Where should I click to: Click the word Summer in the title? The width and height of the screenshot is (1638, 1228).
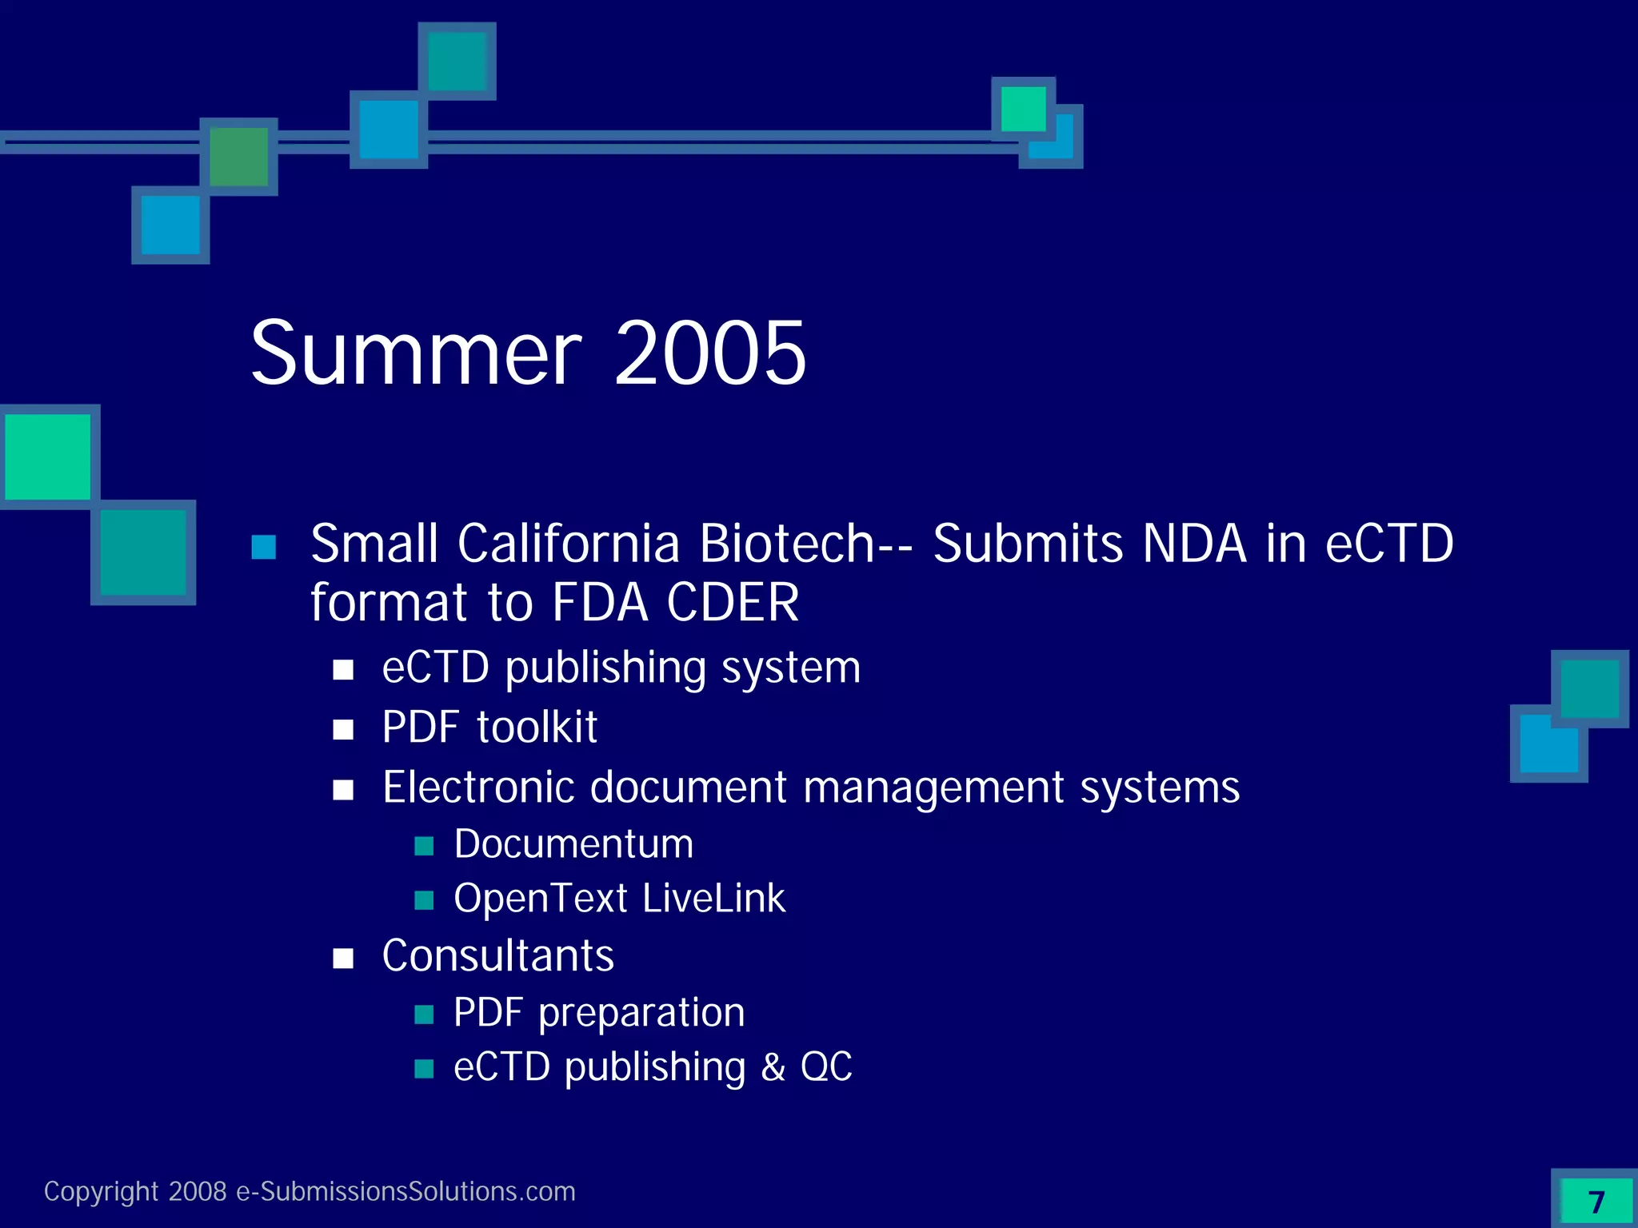pyautogui.click(x=415, y=353)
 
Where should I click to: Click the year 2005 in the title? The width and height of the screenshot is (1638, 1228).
pyautogui.click(x=710, y=353)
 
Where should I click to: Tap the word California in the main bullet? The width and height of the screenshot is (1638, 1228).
pyautogui.click(x=568, y=544)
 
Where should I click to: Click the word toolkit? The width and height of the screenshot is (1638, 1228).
pyautogui.click(x=537, y=728)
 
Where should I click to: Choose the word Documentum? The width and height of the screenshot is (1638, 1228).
pyautogui.click(x=573, y=844)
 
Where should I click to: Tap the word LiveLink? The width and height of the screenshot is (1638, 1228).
pyautogui.click(x=713, y=899)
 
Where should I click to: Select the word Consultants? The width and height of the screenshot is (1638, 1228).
pyautogui.click(x=497, y=955)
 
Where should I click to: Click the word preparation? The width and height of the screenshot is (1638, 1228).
pyautogui.click(x=641, y=1013)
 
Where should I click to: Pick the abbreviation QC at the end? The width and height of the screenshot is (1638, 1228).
pyautogui.click(x=826, y=1067)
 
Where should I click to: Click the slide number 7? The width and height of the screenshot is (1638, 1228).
pyautogui.click(x=1596, y=1202)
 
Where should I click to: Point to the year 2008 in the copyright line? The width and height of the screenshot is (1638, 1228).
pyautogui.click(x=198, y=1191)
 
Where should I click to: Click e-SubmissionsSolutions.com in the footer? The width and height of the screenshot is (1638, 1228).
pyautogui.click(x=406, y=1191)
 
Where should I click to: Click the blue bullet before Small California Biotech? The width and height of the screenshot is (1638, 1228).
pyautogui.click(x=264, y=548)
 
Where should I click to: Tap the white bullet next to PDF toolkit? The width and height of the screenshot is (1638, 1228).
pyautogui.click(x=343, y=729)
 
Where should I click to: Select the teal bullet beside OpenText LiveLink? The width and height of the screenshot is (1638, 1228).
pyautogui.click(x=424, y=901)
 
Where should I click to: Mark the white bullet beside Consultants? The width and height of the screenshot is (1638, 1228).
pyautogui.click(x=343, y=958)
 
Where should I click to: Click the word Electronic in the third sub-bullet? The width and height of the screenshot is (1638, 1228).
pyautogui.click(x=477, y=787)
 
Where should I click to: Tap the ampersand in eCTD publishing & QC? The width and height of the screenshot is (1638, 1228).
pyautogui.click(x=773, y=1067)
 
